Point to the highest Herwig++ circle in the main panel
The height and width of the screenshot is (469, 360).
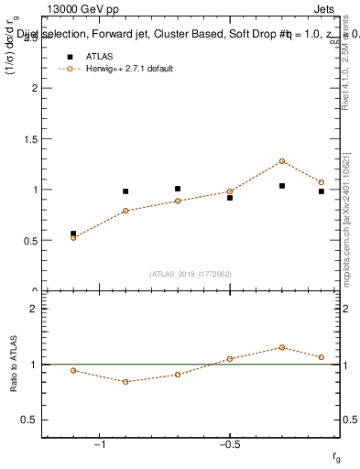point(282,161)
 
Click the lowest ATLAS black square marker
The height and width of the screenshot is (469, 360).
point(73,234)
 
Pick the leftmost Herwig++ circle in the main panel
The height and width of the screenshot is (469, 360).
point(73,237)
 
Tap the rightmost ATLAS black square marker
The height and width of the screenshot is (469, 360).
point(322,191)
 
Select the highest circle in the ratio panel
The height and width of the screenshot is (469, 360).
point(282,347)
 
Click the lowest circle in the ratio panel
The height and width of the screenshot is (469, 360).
point(125,381)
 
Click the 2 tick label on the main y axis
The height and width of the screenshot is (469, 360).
point(34,89)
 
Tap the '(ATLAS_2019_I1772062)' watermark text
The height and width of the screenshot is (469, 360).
point(191,273)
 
